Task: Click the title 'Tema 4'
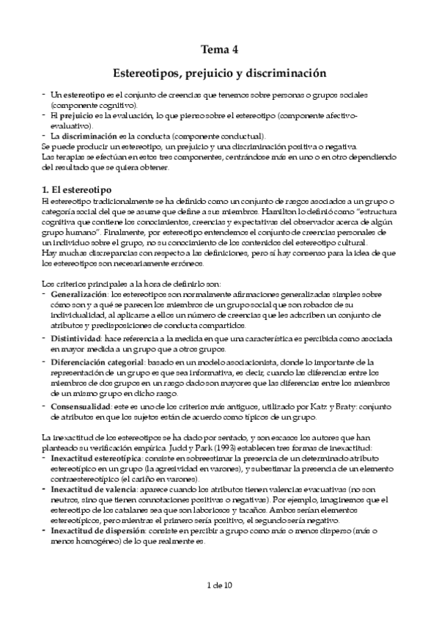click(220, 50)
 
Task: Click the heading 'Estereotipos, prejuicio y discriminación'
click(220, 74)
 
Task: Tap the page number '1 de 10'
click(219, 585)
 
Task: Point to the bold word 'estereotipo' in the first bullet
click(84, 96)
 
